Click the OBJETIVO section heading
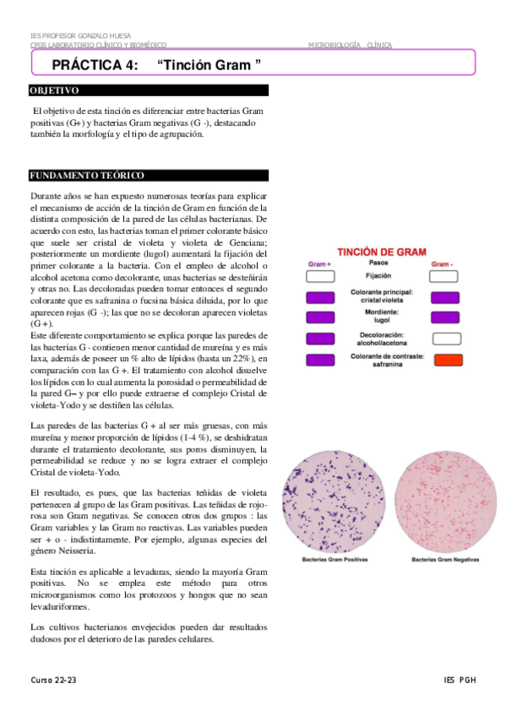(54, 90)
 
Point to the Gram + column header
(319, 264)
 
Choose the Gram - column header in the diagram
(443, 264)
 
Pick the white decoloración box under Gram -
(447, 339)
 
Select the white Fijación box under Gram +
(320, 276)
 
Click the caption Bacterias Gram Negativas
(444, 561)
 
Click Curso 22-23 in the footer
(53, 680)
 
